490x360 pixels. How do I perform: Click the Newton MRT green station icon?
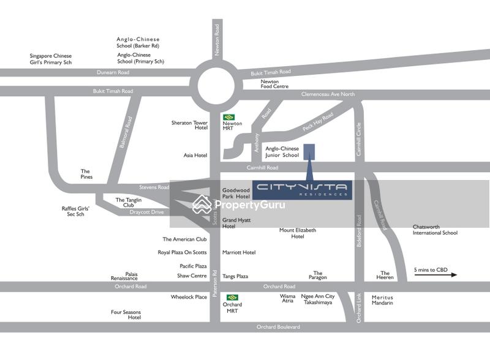click(229, 117)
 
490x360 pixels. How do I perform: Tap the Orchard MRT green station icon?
click(232, 298)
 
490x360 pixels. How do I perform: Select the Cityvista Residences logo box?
click(303, 190)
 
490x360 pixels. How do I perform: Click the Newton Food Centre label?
click(274, 84)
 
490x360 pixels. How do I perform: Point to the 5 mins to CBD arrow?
click(435, 275)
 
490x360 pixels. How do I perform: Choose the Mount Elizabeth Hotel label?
click(298, 233)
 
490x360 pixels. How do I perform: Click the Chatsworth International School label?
click(435, 230)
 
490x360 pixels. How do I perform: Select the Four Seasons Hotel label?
click(126, 315)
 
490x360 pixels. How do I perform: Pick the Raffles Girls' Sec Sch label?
click(76, 211)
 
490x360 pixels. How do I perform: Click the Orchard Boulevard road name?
click(279, 327)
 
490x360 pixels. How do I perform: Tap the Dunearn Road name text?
click(113, 72)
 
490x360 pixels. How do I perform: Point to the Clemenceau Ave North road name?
click(328, 94)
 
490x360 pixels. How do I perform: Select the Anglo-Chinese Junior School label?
click(282, 152)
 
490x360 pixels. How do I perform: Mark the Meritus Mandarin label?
click(382, 300)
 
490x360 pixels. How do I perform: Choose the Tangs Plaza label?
click(235, 276)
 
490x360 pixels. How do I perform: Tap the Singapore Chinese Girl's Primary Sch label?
click(51, 59)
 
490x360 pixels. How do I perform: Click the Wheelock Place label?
click(189, 297)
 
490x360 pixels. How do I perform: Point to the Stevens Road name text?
click(154, 187)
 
